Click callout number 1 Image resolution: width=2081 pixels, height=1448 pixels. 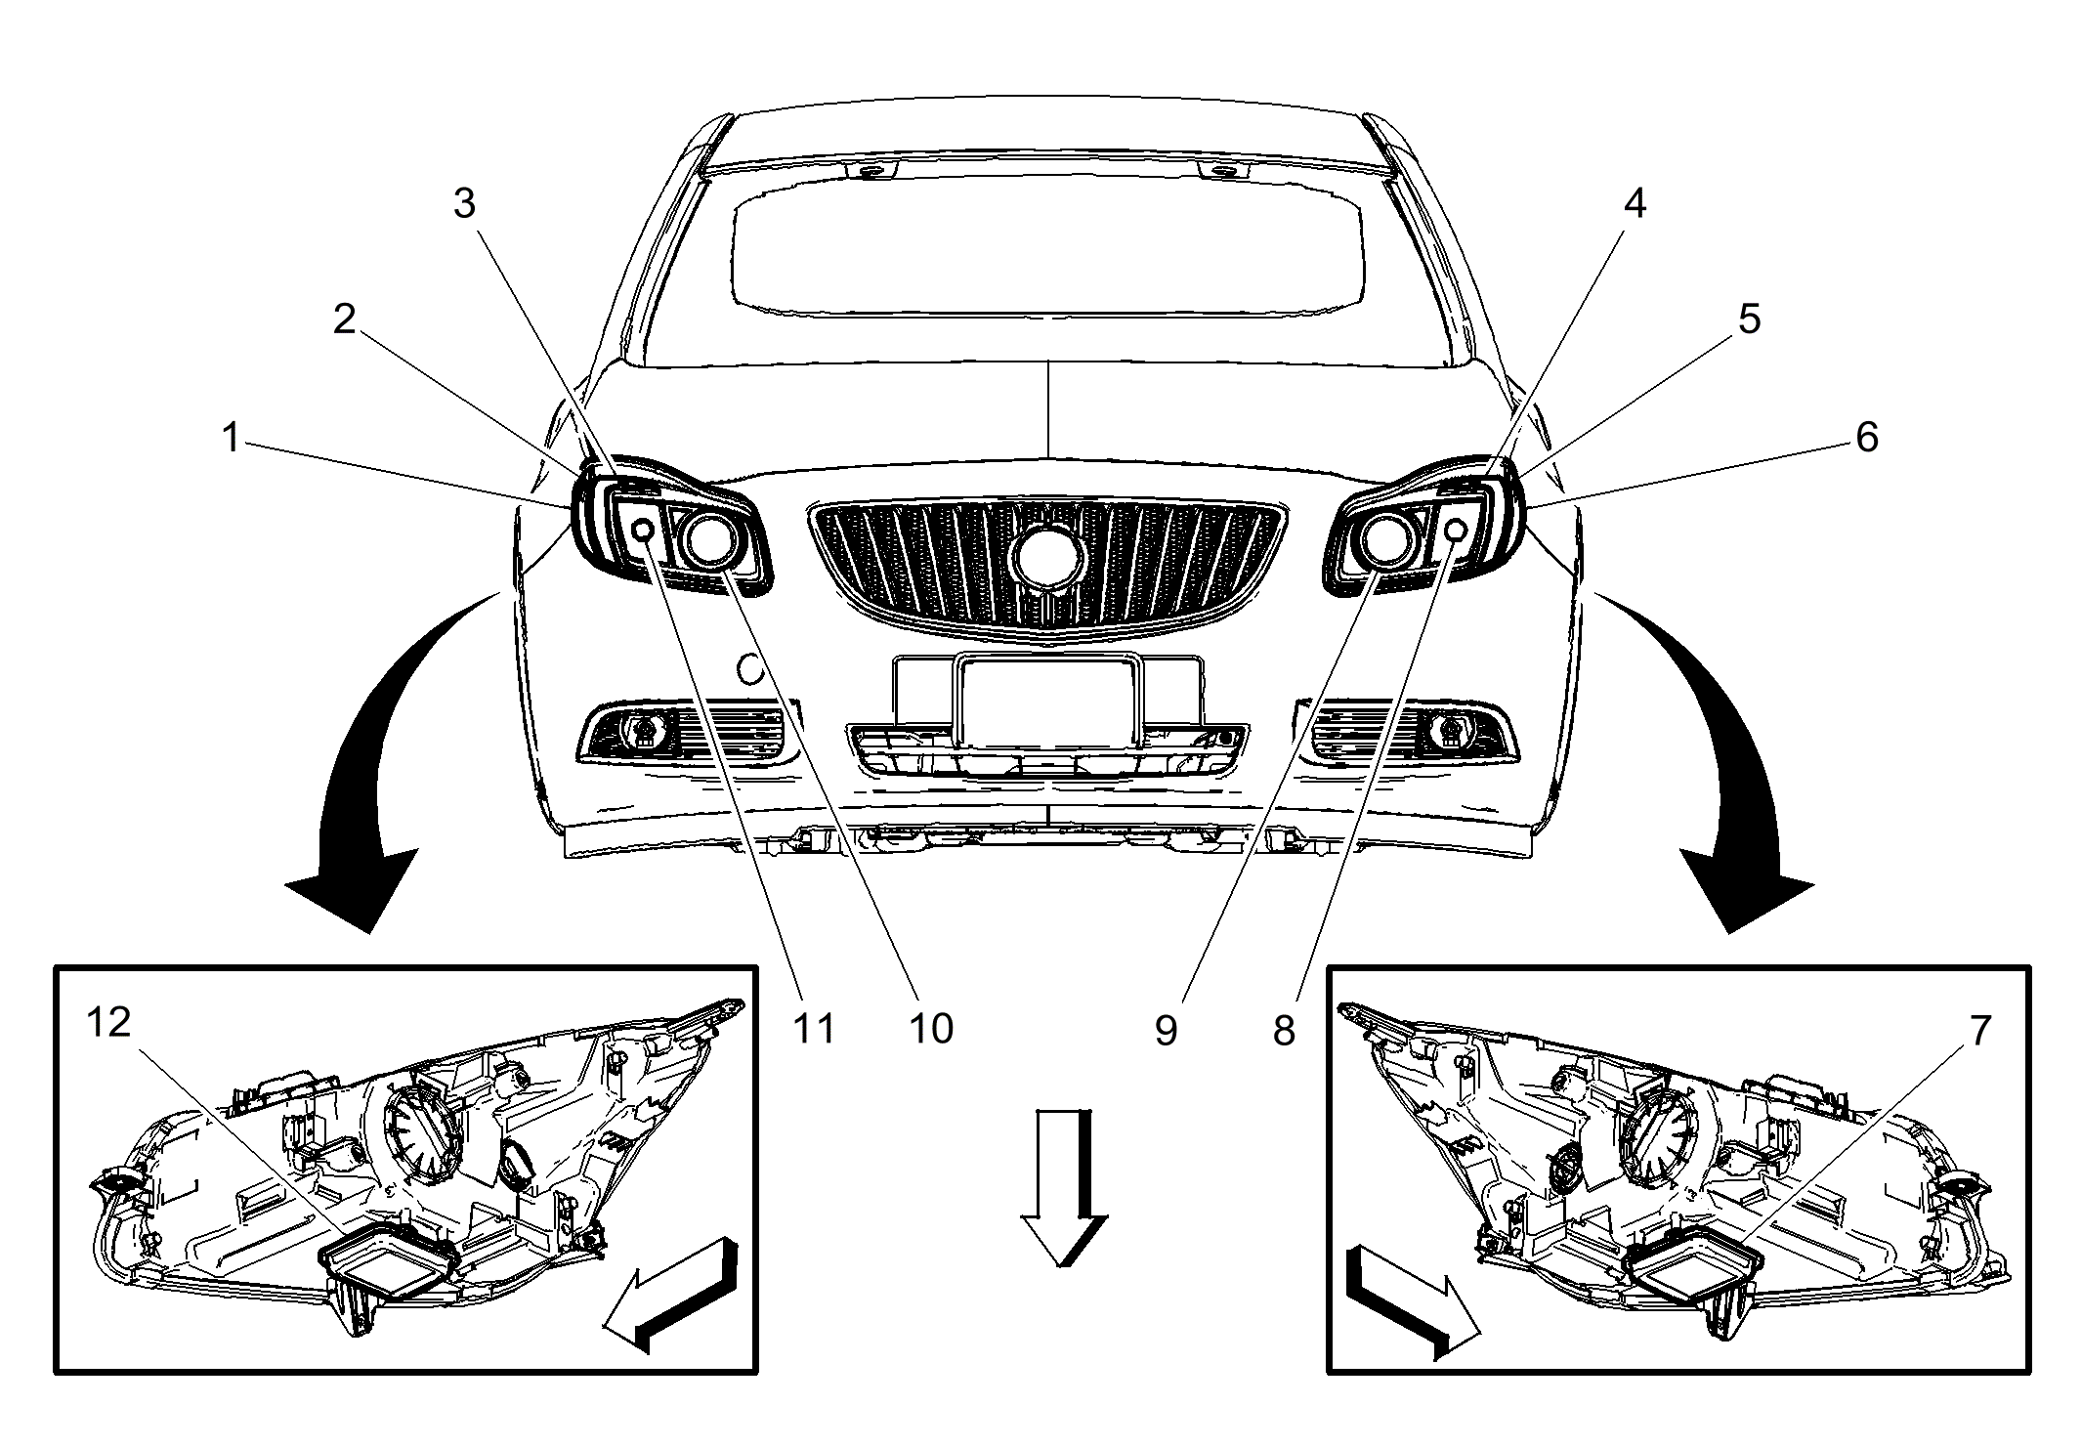232,439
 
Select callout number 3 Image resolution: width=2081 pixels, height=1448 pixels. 464,203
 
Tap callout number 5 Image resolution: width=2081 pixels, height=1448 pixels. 1749,319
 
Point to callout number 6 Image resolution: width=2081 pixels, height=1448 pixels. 1867,438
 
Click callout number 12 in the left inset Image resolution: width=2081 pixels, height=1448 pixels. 108,1023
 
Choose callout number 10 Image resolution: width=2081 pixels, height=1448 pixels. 931,1029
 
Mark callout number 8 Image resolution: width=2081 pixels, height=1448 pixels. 1284,1030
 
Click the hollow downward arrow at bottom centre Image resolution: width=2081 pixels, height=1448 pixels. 1064,1187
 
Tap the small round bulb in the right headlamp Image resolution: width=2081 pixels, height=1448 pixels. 1454,531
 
